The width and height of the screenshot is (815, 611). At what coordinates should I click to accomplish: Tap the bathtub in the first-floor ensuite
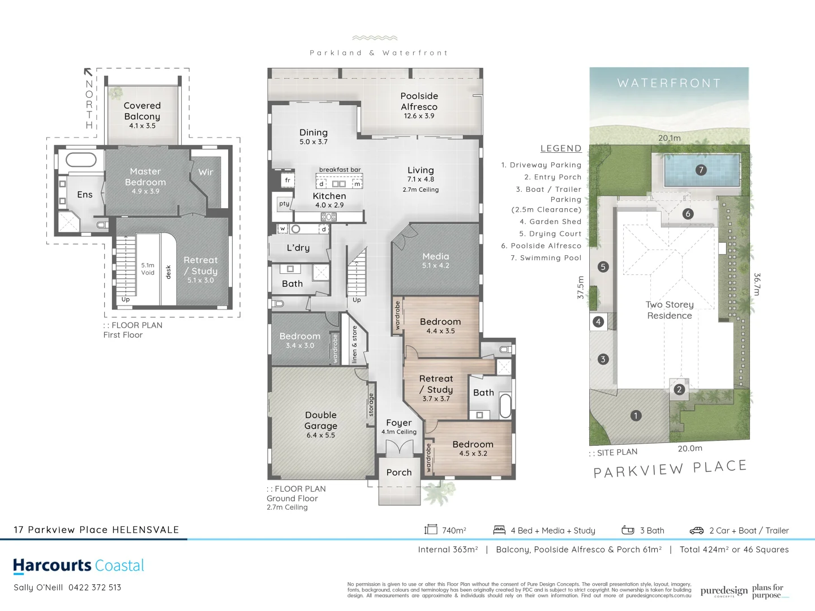[81, 160]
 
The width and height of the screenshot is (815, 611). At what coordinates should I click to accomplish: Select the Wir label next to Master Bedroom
[205, 172]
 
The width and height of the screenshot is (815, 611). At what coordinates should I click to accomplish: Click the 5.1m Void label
[148, 269]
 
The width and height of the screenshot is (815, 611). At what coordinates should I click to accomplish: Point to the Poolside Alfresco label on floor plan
[419, 105]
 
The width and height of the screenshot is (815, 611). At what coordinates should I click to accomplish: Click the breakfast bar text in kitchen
[340, 170]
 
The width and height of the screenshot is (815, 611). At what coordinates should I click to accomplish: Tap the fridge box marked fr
[288, 180]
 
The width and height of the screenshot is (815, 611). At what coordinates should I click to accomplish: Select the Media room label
[435, 260]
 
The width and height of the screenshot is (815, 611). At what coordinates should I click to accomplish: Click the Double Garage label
[321, 424]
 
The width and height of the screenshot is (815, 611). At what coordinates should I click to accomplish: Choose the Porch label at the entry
[399, 472]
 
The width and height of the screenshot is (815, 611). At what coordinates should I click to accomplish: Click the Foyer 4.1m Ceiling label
[399, 427]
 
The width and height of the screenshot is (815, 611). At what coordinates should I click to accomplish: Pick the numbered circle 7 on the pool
[701, 170]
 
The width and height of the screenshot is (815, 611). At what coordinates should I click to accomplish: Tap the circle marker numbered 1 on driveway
[636, 416]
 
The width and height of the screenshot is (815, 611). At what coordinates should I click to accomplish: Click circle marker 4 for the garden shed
[598, 322]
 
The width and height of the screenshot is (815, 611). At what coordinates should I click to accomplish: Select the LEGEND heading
[561, 149]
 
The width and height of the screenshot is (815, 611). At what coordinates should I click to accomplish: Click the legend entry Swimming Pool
[546, 258]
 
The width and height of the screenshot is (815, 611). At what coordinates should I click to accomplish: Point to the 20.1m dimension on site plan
[670, 138]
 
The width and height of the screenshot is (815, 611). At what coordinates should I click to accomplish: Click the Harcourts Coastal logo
[79, 566]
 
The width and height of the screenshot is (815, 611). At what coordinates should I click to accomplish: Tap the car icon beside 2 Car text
[696, 531]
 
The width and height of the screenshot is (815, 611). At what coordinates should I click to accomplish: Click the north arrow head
[88, 72]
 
